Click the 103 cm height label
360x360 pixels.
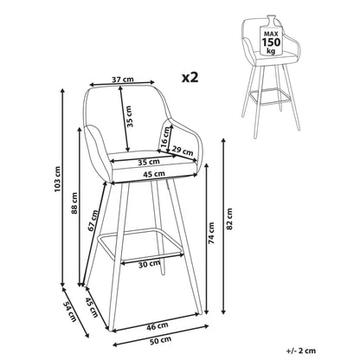[x=58, y=179]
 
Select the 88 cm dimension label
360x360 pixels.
[x=74, y=202]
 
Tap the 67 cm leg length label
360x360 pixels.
[x=93, y=221]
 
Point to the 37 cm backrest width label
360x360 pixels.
[x=123, y=80]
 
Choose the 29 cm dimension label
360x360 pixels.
[x=183, y=151]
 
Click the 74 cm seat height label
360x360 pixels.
[x=211, y=233]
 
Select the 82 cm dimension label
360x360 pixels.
[x=229, y=219]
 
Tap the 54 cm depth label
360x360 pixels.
[x=69, y=312]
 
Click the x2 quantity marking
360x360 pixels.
[x=190, y=77]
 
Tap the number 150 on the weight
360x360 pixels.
[x=271, y=42]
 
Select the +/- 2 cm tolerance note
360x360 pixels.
[x=301, y=350]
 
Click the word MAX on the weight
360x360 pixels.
[x=271, y=34]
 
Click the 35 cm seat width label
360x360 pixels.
[x=149, y=163]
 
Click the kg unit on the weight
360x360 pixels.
[x=271, y=51]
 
